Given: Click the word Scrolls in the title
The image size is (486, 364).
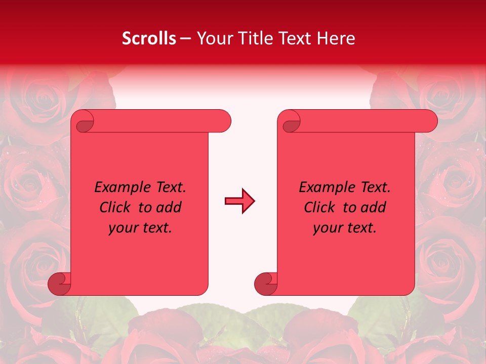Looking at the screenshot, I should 149,38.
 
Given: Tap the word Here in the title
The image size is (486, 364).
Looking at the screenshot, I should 336,38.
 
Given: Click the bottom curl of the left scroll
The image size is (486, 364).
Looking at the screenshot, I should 60,284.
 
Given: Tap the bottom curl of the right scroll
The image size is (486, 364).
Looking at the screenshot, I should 266,284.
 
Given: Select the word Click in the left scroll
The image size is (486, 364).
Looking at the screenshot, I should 117,208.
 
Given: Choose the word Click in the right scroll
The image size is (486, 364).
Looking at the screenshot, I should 319,208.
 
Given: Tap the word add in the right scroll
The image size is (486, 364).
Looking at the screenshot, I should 374,208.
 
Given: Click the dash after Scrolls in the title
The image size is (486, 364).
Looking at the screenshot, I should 186,38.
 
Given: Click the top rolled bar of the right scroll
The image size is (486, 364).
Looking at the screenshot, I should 364,121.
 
